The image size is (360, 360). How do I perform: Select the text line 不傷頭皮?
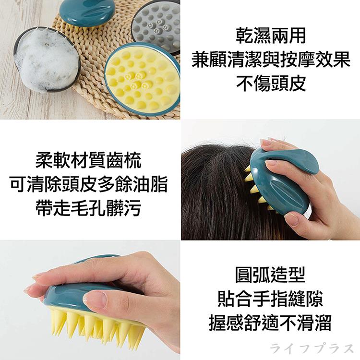click(271, 84)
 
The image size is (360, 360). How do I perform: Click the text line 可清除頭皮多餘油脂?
click(89, 184)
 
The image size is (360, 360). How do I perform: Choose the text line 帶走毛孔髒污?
click(89, 208)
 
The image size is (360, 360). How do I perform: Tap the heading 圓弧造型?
click(270, 275)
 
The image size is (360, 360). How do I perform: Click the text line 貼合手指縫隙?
click(270, 299)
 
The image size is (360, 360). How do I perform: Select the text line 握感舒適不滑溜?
click(270, 323)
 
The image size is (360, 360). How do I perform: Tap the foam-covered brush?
click(47, 60)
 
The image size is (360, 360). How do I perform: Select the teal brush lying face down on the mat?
click(87, 12)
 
